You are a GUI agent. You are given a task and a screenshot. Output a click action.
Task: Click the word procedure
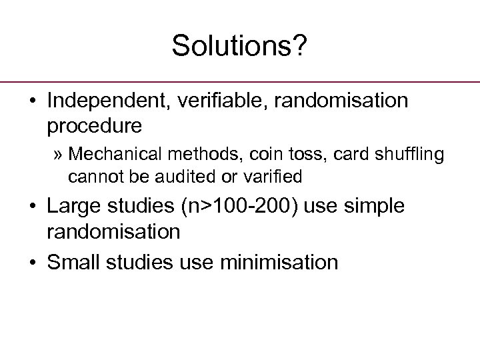[94, 125]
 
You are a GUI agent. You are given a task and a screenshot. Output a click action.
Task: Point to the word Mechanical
[111, 154]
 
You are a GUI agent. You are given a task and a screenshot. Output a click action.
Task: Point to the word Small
[73, 262]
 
